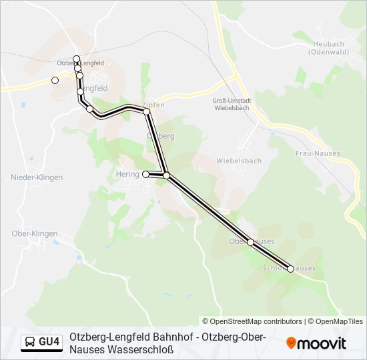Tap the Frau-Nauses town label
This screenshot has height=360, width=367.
(x=318, y=153)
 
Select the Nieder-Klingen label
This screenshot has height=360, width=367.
(x=37, y=177)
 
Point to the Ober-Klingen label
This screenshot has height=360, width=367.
(x=35, y=234)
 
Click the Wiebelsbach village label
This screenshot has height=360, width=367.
(x=239, y=161)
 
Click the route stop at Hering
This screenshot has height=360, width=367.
(x=146, y=175)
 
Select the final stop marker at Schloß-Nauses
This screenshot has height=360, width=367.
(x=290, y=269)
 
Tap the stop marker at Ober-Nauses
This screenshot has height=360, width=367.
(x=250, y=242)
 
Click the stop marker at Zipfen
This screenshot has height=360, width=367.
(x=147, y=111)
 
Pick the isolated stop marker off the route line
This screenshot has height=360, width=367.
(x=55, y=81)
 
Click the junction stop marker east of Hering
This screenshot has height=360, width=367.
(x=166, y=176)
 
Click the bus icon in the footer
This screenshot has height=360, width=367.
(x=30, y=343)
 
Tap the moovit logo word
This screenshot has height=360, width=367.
(x=322, y=343)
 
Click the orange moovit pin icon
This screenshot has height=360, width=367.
(x=291, y=343)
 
